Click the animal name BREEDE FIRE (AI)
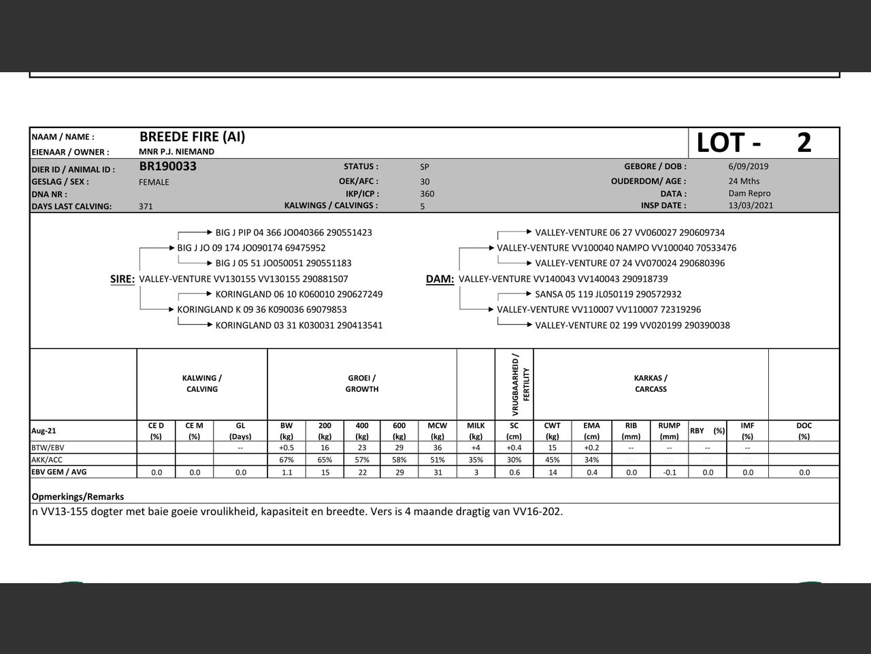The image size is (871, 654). click(x=193, y=137)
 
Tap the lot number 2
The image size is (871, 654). click(x=804, y=143)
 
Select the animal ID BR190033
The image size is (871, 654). click(x=167, y=166)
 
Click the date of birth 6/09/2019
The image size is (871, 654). click(x=748, y=166)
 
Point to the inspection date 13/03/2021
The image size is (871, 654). click(x=751, y=205)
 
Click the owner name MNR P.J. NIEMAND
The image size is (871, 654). click(x=176, y=152)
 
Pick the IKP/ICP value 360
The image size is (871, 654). click(x=427, y=193)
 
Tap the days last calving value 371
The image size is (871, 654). click(x=146, y=206)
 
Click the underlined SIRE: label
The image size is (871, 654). click(x=122, y=279)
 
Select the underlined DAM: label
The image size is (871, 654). click(x=440, y=279)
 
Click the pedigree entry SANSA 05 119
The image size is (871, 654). click(x=608, y=294)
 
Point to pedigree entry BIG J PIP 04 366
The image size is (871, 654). click(x=293, y=232)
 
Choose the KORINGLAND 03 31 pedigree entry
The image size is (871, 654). click(x=299, y=325)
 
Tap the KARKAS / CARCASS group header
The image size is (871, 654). click(x=651, y=384)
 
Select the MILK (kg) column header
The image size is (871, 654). click(x=476, y=431)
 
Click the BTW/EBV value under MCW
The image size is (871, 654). click(x=437, y=448)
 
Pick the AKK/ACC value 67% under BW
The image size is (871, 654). click(x=286, y=460)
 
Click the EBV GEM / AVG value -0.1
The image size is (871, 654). click(x=670, y=472)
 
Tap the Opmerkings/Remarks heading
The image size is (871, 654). click(x=78, y=497)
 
